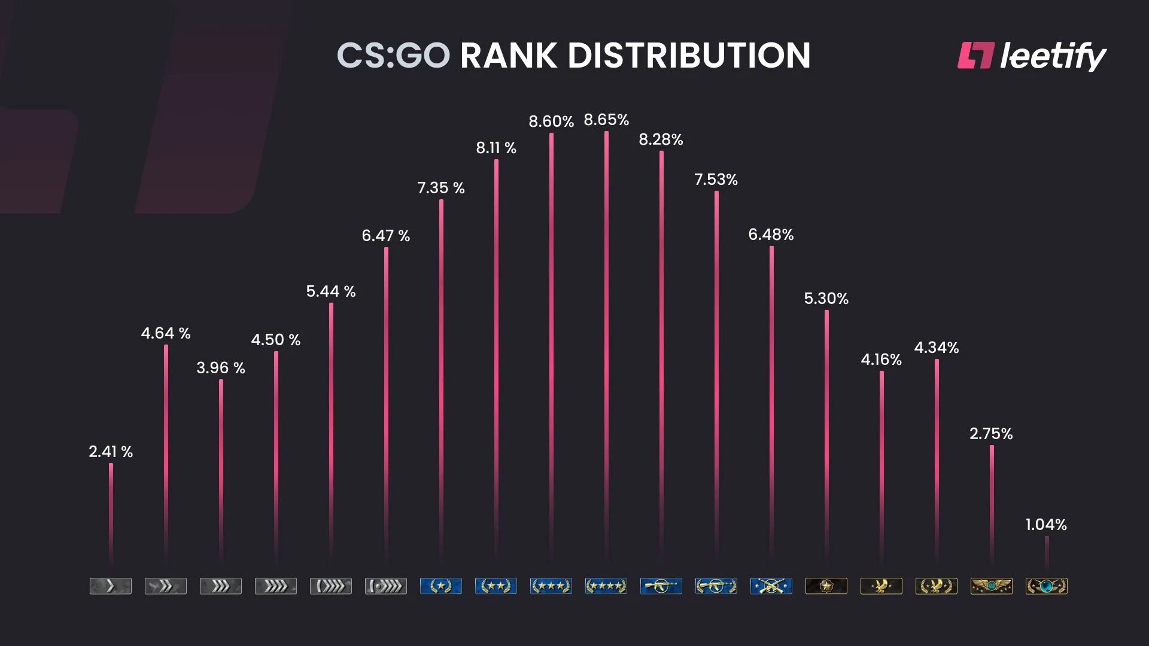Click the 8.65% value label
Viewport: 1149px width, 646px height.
click(606, 120)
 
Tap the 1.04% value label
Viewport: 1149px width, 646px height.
click(1046, 525)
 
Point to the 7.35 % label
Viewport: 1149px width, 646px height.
click(441, 188)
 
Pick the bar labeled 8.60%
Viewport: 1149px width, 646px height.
click(551, 347)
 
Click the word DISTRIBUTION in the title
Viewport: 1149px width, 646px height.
click(689, 56)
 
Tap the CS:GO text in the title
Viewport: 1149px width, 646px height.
click(393, 56)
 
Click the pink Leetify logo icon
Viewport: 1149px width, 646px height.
click(975, 55)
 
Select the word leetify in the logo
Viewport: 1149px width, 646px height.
click(1053, 56)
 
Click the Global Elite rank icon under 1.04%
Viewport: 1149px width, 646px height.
click(1047, 586)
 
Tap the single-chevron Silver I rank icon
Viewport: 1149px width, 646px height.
click(111, 586)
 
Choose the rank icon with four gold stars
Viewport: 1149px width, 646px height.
click(606, 586)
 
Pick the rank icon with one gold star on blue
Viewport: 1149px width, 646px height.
click(441, 586)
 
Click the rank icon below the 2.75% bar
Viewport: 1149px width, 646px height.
click(992, 586)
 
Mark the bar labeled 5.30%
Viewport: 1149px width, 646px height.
click(826, 437)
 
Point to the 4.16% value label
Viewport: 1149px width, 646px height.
click(881, 359)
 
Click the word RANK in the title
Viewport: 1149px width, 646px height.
click(509, 56)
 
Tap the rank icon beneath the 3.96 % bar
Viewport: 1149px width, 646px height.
click(221, 586)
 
